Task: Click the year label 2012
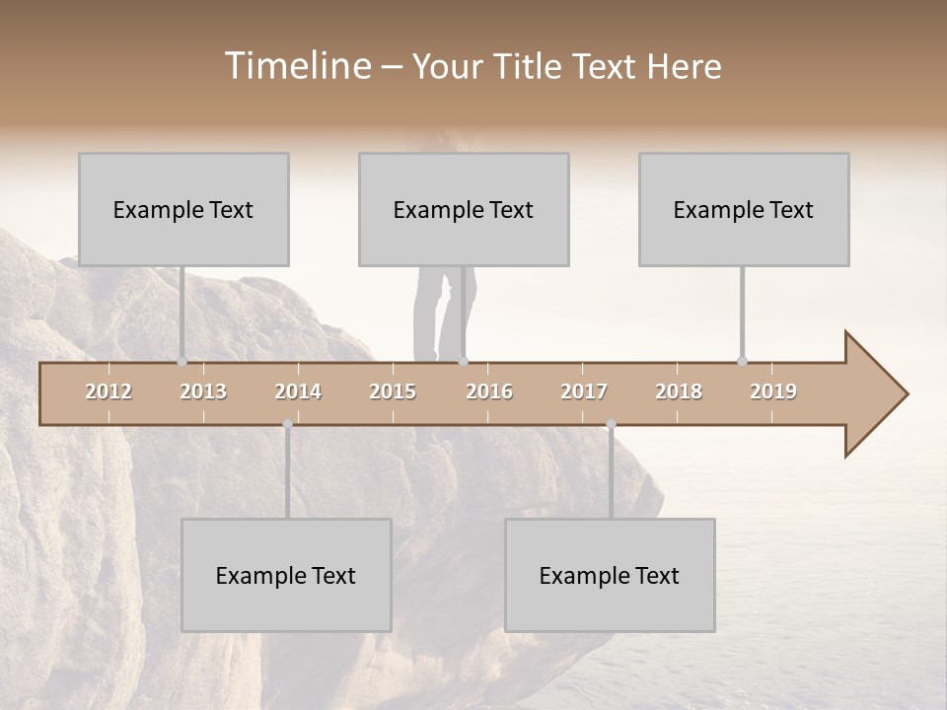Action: [109, 391]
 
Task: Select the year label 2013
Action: [203, 391]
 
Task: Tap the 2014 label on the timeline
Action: [298, 391]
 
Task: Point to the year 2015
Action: [393, 391]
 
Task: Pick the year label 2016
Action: [489, 391]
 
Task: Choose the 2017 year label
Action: [584, 391]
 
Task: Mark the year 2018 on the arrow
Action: [679, 391]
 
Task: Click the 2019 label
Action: [773, 391]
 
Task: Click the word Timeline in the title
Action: [296, 66]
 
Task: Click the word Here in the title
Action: [684, 66]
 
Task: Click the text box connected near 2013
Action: [183, 209]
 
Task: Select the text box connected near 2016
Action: [464, 209]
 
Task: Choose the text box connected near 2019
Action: [744, 209]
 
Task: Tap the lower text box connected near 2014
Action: [286, 575]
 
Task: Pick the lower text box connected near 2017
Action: [610, 575]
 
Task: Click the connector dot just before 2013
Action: [182, 361]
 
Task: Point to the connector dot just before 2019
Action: [742, 361]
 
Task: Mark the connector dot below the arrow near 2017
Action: [611, 424]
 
